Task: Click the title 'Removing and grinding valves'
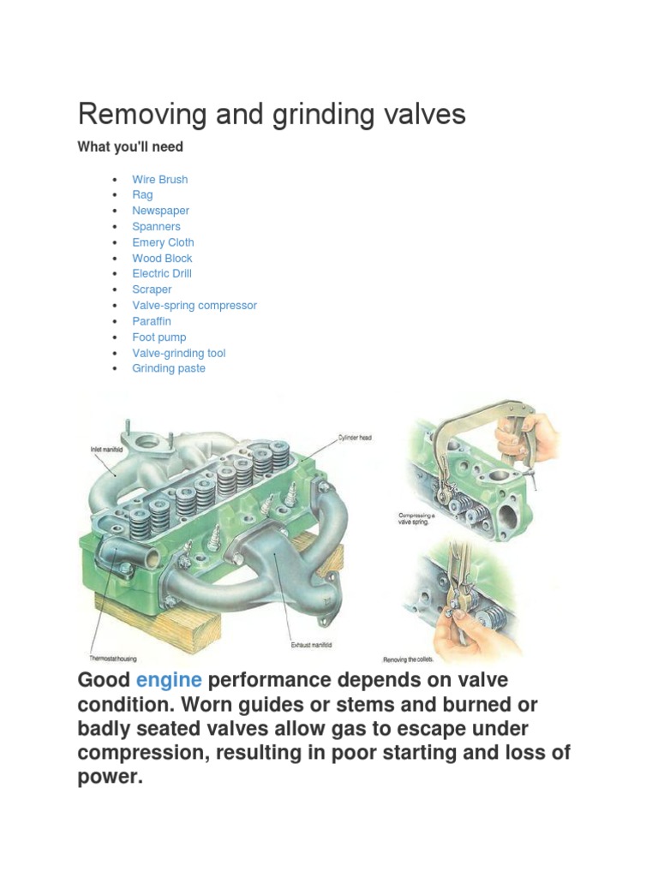pos(272,114)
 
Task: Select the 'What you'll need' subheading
pos(130,147)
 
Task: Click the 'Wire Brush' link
pos(159,179)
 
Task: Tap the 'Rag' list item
pos(142,195)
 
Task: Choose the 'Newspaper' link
pos(160,211)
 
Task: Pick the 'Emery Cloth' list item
pos(163,242)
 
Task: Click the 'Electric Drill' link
pos(161,274)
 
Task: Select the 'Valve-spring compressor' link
pos(194,306)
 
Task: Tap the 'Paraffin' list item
pos(151,321)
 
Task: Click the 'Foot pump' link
pos(159,337)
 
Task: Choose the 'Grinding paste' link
pos(168,368)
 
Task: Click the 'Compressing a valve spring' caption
pos(418,519)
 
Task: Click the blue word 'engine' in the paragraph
pos(169,681)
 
